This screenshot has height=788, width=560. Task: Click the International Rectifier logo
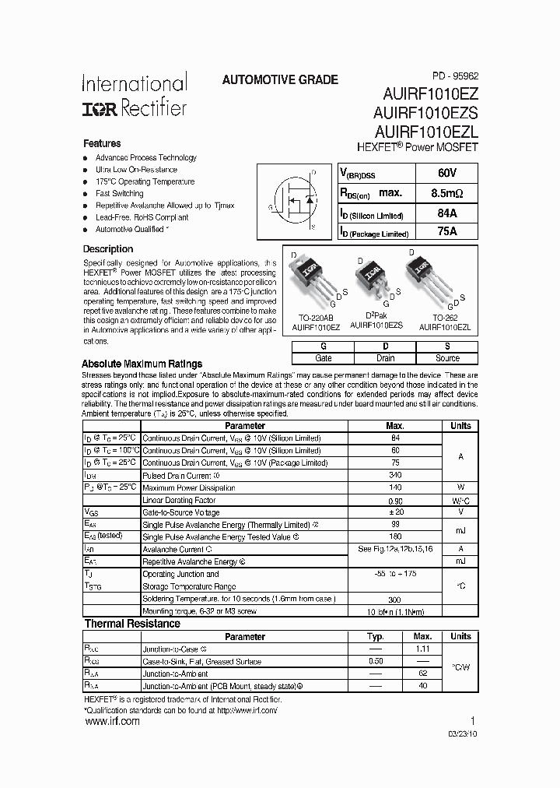point(135,95)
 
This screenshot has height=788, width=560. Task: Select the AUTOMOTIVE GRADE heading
point(280,80)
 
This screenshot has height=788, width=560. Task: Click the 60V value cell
point(446,173)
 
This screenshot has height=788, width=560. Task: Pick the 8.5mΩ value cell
point(446,192)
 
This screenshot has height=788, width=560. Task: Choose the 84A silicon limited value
point(446,212)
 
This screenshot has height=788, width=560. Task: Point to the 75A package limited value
point(446,230)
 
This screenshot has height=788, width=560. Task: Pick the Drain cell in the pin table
point(385,358)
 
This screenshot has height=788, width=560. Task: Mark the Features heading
point(102,144)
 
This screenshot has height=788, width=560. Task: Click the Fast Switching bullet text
point(120,193)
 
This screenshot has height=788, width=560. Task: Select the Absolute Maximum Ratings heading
point(142,364)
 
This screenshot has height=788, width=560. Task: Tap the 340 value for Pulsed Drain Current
point(395,475)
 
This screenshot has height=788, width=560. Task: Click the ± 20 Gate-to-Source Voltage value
point(395,512)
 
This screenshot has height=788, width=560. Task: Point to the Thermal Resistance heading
point(132,624)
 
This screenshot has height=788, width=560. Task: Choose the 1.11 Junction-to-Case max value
point(423,649)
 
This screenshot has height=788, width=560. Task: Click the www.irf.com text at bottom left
point(112,722)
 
